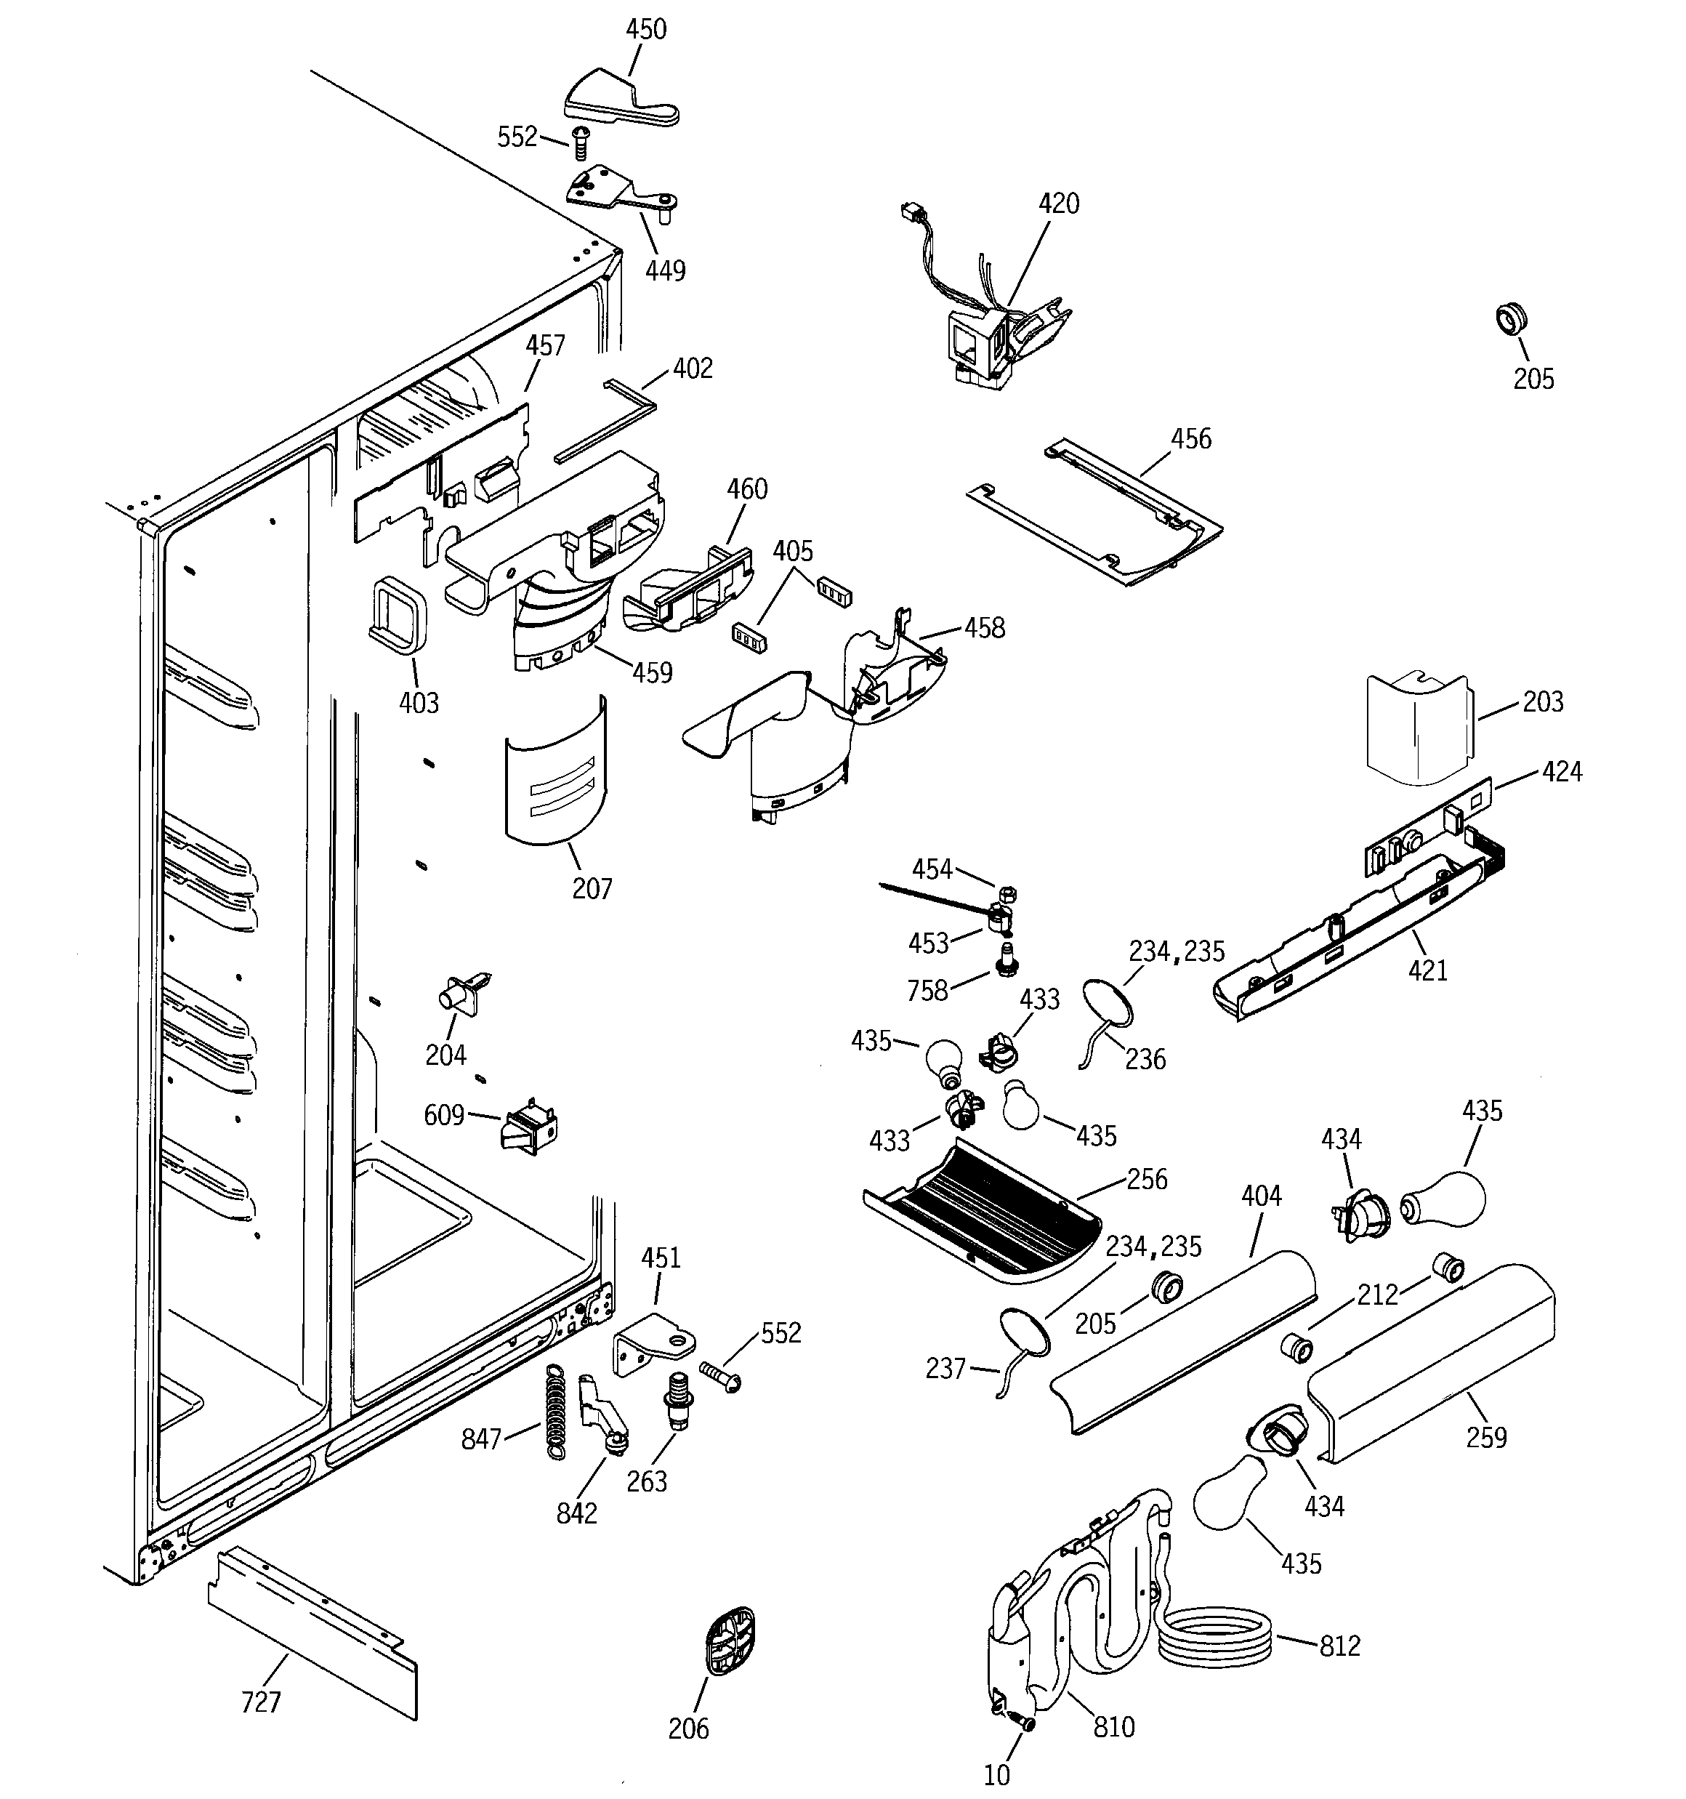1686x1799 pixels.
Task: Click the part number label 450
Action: [x=645, y=29]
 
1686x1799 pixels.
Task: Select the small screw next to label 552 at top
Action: [x=580, y=143]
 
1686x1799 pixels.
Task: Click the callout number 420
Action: [x=1058, y=204]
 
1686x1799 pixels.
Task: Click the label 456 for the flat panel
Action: [x=1190, y=439]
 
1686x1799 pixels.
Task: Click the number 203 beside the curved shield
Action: [x=1542, y=701]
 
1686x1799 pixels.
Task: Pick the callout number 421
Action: [x=1427, y=971]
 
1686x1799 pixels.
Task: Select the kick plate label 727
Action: [x=261, y=1702]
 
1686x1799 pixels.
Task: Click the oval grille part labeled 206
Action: [x=730, y=1641]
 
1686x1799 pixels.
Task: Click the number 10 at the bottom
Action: [x=996, y=1774]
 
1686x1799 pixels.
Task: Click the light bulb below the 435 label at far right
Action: [x=1445, y=1199]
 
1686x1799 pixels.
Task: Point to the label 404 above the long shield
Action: [x=1261, y=1196]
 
